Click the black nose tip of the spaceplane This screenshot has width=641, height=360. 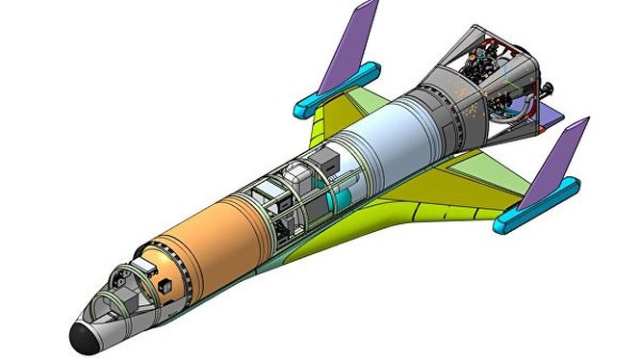tap(82, 335)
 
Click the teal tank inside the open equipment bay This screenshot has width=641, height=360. tap(338, 196)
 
